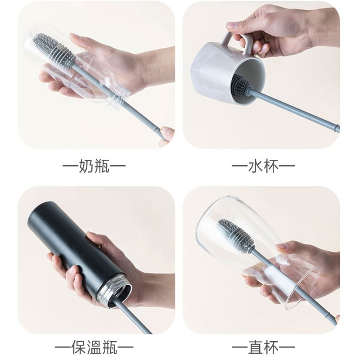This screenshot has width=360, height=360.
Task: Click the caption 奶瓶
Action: (94, 166)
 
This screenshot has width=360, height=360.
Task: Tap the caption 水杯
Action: (263, 166)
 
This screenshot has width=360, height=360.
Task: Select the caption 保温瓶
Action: (94, 346)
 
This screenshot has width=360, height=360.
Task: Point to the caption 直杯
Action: (263, 346)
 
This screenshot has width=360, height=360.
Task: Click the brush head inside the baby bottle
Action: (54, 49)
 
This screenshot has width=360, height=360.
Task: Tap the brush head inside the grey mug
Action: (242, 84)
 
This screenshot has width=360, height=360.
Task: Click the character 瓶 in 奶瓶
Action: (102, 166)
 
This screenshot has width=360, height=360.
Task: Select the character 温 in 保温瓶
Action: (94, 346)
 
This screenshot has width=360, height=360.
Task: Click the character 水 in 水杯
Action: (256, 166)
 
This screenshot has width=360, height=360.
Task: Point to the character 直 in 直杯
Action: (256, 346)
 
